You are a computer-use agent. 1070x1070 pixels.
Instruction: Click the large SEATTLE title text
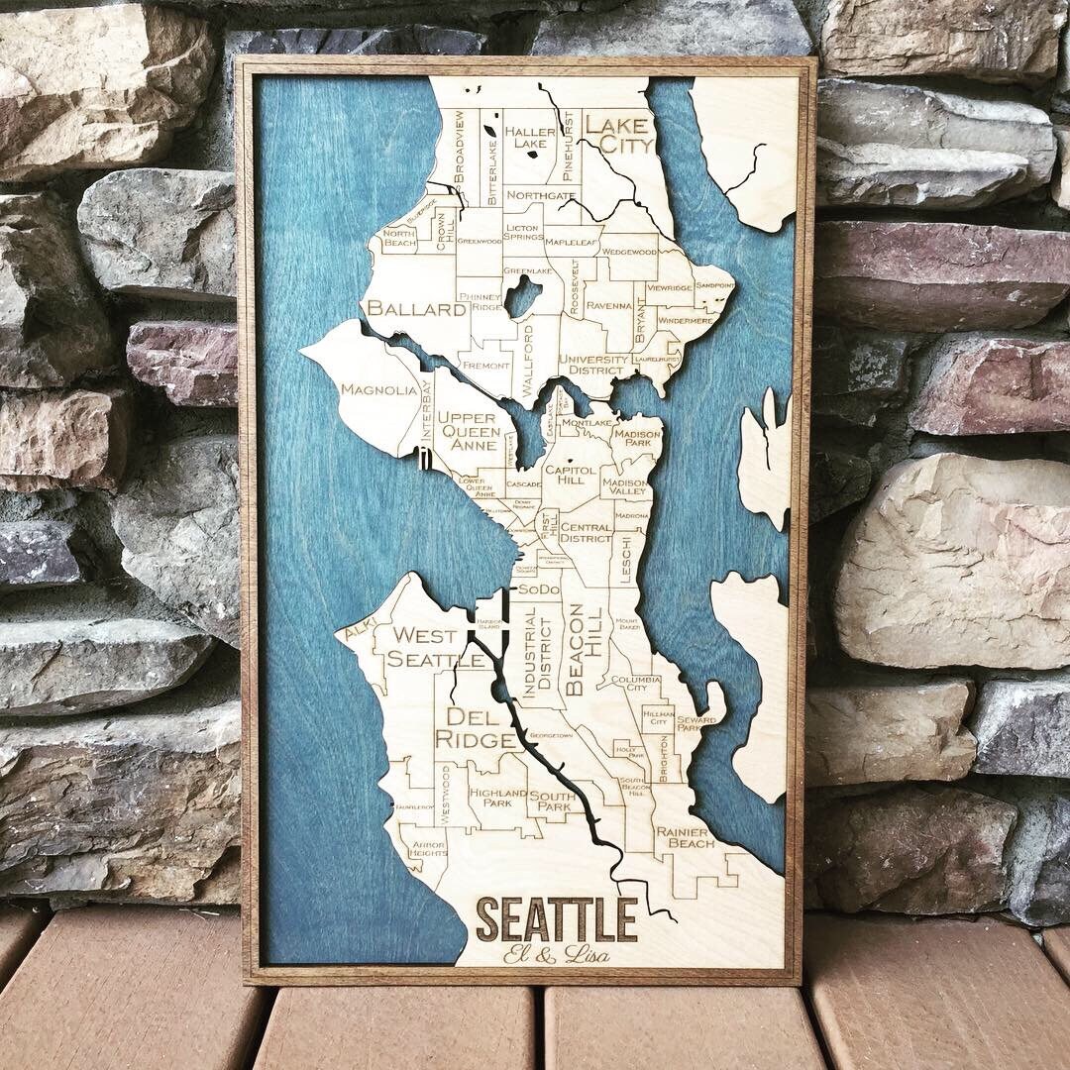[x=557, y=918]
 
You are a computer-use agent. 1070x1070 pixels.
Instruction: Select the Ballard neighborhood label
[x=416, y=309]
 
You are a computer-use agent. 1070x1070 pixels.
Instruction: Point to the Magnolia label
[x=378, y=389]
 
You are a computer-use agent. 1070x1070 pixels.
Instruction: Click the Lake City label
[x=618, y=135]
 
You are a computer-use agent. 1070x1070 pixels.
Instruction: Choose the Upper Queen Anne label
[x=469, y=431]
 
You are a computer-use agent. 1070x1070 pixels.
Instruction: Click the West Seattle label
[x=423, y=647]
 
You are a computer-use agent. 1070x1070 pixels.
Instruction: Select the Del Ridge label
[x=480, y=727]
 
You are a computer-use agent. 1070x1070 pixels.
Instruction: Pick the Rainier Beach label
[x=685, y=837]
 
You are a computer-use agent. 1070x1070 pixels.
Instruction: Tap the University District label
[x=593, y=365]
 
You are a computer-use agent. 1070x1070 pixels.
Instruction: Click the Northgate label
[x=541, y=196]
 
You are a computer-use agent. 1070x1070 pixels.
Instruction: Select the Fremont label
[x=485, y=366]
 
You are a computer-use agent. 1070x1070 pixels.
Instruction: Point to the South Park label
[x=550, y=801]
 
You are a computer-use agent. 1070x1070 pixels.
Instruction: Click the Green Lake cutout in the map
[x=522, y=295]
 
